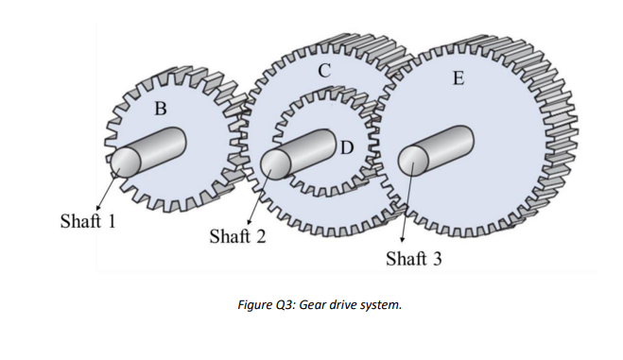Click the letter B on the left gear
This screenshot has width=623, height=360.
tap(160, 108)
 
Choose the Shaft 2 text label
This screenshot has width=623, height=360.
tap(236, 235)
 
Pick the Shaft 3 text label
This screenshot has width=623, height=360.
tap(413, 258)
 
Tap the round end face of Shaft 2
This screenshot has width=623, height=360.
tap(274, 163)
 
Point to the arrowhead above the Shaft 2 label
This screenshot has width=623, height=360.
tap(248, 222)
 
